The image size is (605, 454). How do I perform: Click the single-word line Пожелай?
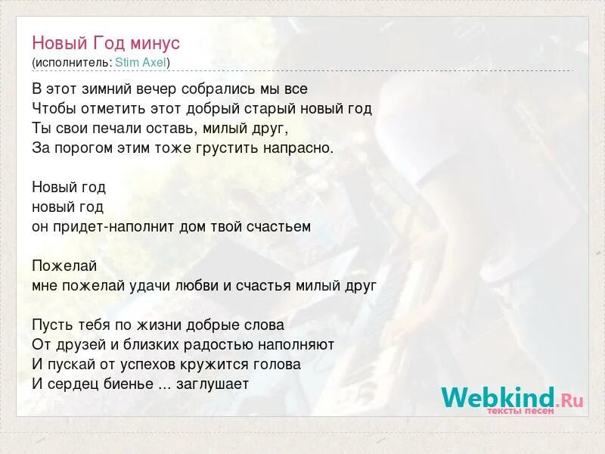64,266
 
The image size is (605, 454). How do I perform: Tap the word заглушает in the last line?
213,384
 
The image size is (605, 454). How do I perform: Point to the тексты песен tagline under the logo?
520,411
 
